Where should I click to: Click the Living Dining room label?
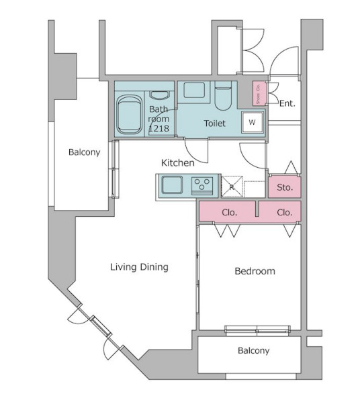[x=139, y=267]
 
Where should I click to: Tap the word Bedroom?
[x=255, y=271]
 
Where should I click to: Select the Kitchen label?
[x=177, y=162]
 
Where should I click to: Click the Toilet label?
[x=214, y=123]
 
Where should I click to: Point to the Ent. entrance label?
[x=287, y=103]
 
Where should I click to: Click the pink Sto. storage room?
[x=284, y=187]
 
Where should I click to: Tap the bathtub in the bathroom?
[x=130, y=115]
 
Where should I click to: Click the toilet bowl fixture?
[x=223, y=95]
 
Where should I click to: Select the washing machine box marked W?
[x=253, y=122]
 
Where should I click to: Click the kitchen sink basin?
[x=172, y=185]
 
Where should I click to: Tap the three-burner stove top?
[x=202, y=186]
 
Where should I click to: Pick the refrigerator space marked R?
[x=232, y=187]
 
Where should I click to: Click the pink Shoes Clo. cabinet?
[x=259, y=93]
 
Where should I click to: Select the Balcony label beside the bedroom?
[x=253, y=350]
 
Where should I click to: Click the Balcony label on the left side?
[x=84, y=152]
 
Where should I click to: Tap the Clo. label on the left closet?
[x=230, y=212]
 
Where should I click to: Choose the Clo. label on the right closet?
[x=284, y=212]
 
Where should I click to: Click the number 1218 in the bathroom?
[x=159, y=128]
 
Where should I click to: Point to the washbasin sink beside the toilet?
[x=194, y=90]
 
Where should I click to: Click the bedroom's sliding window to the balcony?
[x=257, y=330]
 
